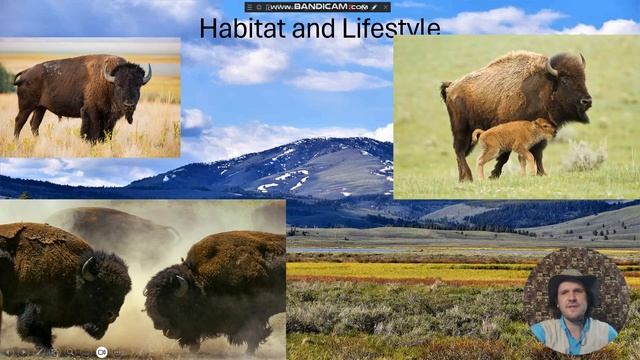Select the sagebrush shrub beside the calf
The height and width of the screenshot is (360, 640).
tap(584, 156)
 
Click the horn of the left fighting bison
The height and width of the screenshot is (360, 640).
tap(88, 268)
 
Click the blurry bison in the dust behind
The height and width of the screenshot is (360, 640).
tap(110, 222)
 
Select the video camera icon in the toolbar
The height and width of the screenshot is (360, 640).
tap(101, 352)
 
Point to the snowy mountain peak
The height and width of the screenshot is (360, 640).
tap(330, 147)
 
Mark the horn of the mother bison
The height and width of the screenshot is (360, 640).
tap(553, 67)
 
